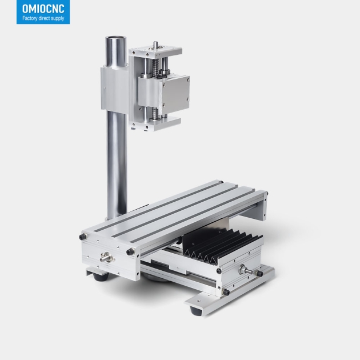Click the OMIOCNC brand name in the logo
[x=43, y=9]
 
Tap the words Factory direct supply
[x=43, y=18]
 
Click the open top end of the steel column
[x=115, y=39]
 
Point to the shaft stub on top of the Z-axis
[x=155, y=45]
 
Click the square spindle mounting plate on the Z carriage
[x=176, y=92]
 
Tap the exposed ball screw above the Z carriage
[x=156, y=67]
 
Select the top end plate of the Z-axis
[x=155, y=52]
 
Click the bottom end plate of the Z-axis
[x=156, y=124]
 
